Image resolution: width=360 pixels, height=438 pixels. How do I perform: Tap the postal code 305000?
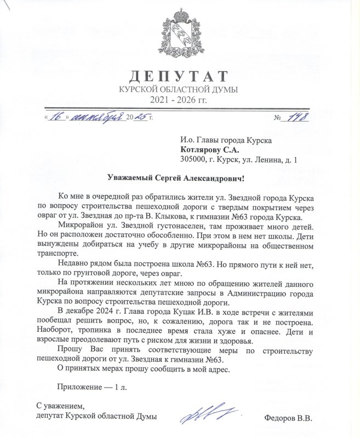(193, 160)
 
